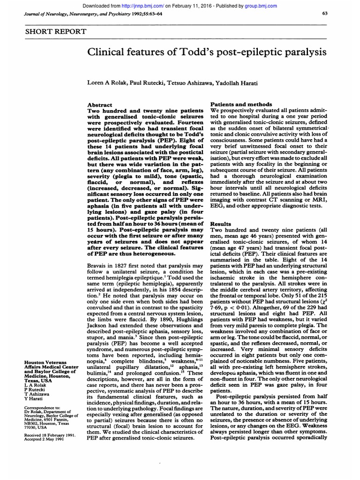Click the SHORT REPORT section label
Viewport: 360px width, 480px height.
pyautogui.click(x=56, y=31)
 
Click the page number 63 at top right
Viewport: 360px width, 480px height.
pyautogui.click(x=325, y=13)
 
